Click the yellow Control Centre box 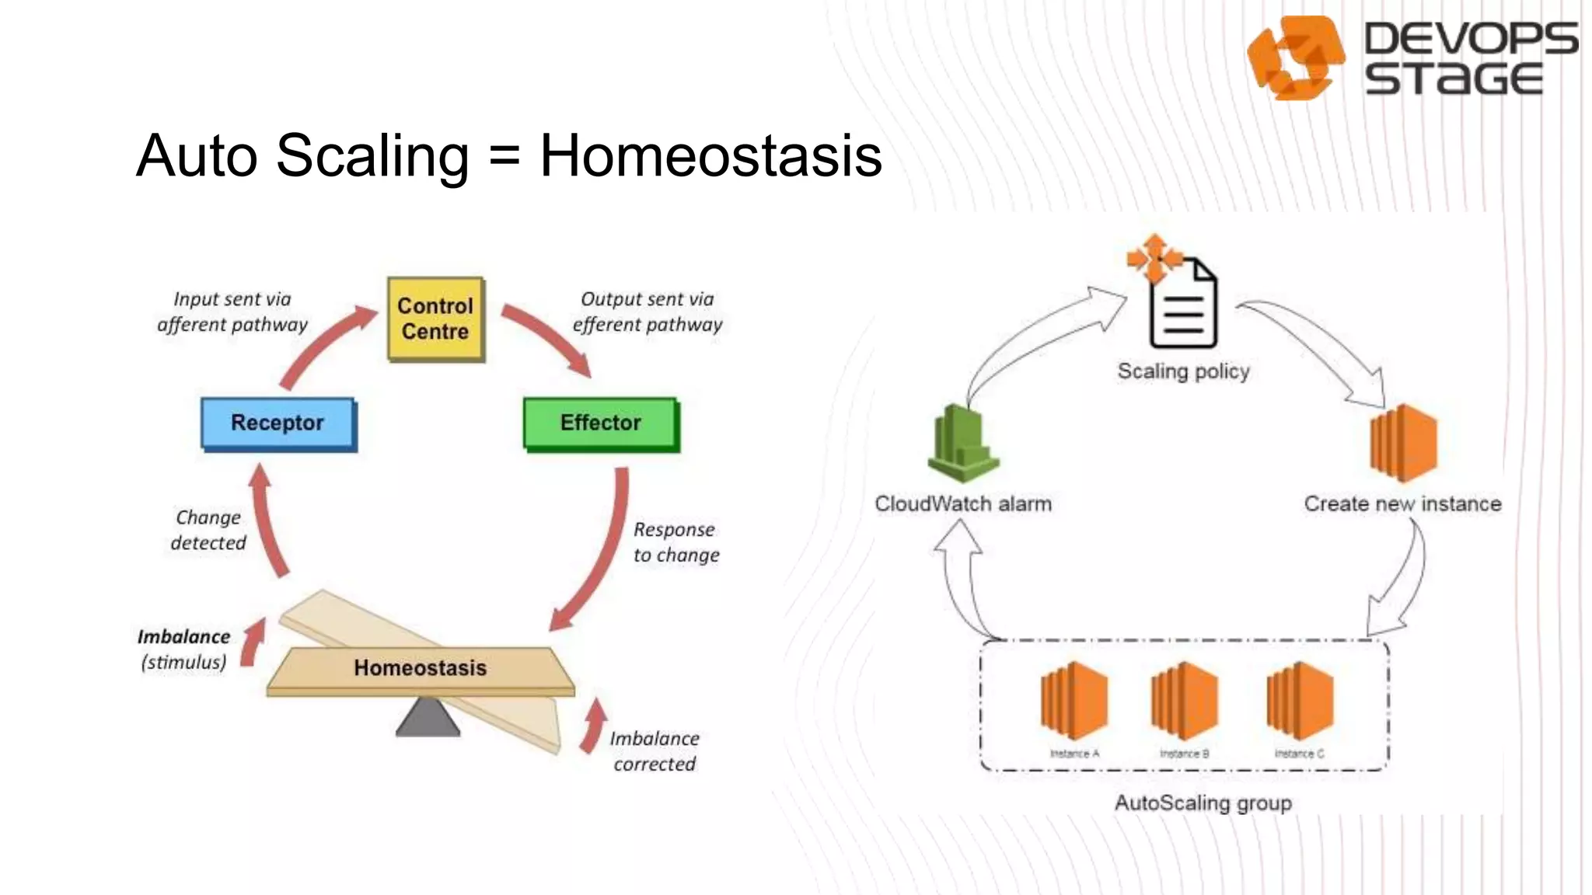click(435, 319)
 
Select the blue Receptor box click(278, 423)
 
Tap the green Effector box click(600, 423)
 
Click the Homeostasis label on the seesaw click(420, 668)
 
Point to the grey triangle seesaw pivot click(428, 718)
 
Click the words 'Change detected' click(208, 530)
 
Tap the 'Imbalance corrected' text click(655, 751)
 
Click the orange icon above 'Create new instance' click(1403, 443)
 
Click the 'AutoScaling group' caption click(1203, 803)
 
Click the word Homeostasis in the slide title click(710, 155)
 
